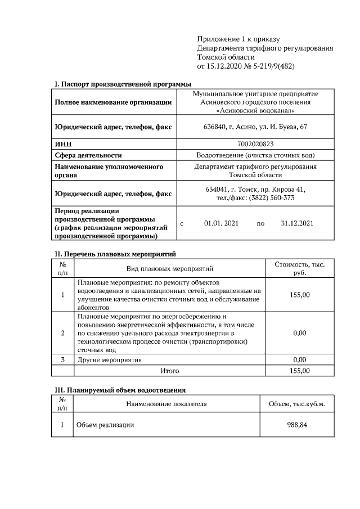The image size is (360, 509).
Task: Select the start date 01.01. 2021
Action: tap(221, 223)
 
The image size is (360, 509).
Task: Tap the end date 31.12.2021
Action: tap(296, 223)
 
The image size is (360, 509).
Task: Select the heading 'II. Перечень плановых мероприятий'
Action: tap(115, 254)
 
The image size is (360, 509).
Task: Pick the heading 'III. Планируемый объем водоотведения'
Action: tap(120, 389)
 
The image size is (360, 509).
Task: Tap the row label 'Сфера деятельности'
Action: tap(88, 155)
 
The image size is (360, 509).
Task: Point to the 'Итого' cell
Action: tap(170, 371)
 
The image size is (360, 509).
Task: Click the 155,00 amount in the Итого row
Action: tap(299, 371)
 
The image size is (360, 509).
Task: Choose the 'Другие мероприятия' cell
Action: tap(109, 359)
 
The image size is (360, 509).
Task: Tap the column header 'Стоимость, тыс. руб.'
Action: tap(299, 268)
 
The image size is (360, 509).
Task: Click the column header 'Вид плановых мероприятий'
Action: tap(170, 269)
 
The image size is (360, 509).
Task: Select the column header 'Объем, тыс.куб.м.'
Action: tap(297, 404)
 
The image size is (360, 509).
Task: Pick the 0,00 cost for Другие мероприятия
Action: tap(299, 359)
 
